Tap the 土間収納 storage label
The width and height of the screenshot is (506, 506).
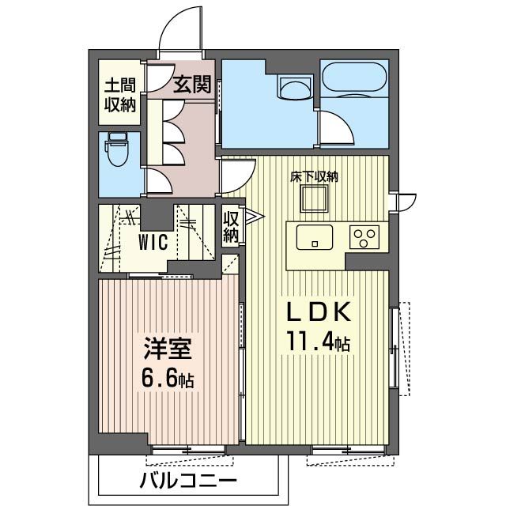pos(118,93)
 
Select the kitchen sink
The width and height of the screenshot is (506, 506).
pos(315,236)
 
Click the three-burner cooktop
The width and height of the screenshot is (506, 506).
pos(364,237)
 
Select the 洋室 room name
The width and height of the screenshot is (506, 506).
pos(168,349)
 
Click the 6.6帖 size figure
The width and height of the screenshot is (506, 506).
pos(168,379)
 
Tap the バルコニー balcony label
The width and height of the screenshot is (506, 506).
pos(187,481)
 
